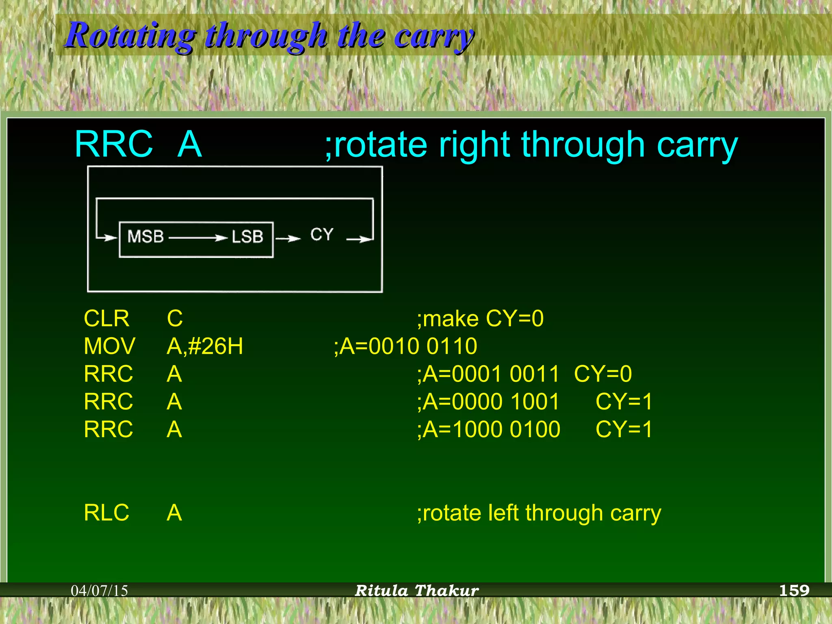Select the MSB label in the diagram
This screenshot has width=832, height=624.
(145, 236)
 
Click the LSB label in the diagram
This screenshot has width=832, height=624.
(247, 237)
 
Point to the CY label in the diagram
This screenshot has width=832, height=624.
(322, 234)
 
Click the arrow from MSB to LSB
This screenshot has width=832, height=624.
(198, 238)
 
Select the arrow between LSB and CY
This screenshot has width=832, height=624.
(288, 238)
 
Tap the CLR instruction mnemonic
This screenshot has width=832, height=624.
(106, 318)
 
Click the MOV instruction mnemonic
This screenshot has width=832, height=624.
(109, 346)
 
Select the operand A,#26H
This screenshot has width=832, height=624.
(205, 346)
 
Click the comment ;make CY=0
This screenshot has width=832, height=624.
(480, 318)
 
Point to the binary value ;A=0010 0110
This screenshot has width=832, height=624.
(405, 346)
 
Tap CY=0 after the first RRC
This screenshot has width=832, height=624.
(603, 374)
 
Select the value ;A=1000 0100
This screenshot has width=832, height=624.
(489, 429)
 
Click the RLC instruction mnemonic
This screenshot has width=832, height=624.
(106, 512)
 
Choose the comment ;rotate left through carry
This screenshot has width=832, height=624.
(539, 513)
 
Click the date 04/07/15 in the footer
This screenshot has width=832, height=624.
(100, 590)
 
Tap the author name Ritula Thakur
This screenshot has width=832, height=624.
(417, 590)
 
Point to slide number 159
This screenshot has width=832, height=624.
(794, 590)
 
